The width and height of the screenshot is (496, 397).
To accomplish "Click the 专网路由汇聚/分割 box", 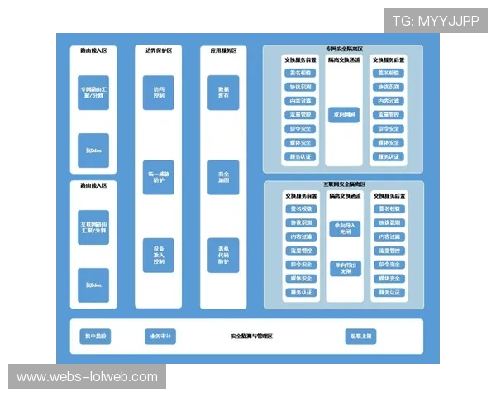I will click(x=93, y=92).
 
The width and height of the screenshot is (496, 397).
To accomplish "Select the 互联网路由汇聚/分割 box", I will click(x=93, y=227).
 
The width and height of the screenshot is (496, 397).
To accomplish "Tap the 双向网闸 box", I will click(x=343, y=114).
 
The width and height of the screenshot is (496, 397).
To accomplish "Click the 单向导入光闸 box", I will click(x=343, y=227).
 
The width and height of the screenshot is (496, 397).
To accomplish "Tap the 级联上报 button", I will click(x=361, y=337).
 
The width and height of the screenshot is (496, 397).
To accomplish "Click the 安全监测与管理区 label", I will click(x=251, y=337).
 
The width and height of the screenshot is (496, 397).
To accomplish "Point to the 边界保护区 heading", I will click(x=158, y=51).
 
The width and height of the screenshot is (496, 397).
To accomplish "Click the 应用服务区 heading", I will click(x=223, y=51).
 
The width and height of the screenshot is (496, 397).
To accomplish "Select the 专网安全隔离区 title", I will click(x=343, y=50).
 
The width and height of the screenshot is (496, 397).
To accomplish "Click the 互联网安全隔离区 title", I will click(x=343, y=184).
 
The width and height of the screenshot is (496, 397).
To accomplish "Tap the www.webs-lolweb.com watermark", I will click(x=87, y=377).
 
